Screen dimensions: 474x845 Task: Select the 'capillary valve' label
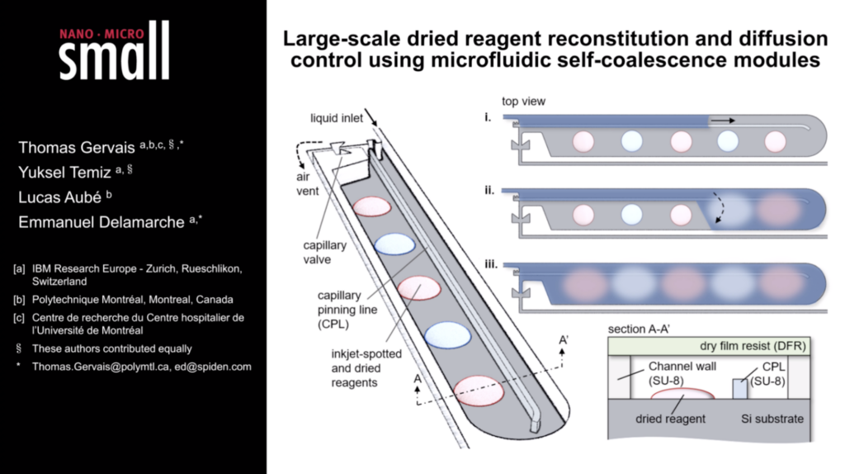[327, 251]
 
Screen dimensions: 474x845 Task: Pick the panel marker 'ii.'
[490, 191]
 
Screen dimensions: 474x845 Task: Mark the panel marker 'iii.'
[490, 265]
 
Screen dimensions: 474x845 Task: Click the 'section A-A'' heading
[640, 330]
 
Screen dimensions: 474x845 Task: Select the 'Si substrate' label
[772, 419]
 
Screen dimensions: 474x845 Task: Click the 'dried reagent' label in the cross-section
[671, 419]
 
